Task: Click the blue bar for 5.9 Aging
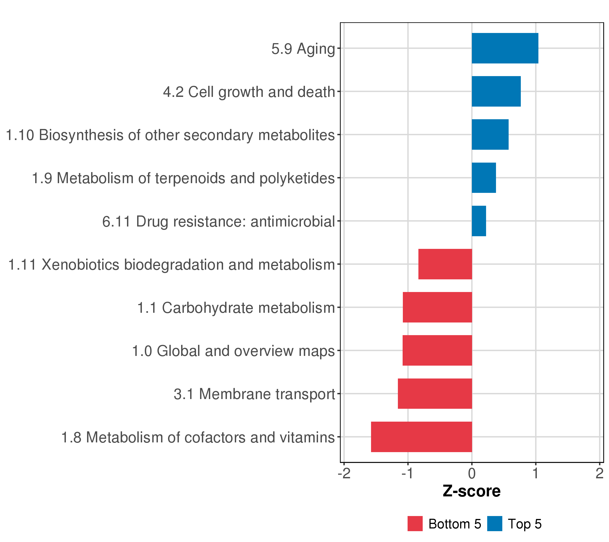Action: [x=505, y=48]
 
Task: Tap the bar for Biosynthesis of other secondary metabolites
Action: [x=490, y=135]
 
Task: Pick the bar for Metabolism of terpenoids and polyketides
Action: [x=484, y=178]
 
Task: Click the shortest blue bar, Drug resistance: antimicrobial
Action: [x=479, y=221]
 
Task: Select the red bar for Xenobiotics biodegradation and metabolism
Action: [x=445, y=264]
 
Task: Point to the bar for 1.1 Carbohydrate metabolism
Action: [x=437, y=307]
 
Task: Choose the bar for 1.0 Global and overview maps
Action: [x=437, y=350]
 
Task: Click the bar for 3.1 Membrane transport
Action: [x=435, y=394]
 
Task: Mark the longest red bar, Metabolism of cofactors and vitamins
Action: [x=422, y=437]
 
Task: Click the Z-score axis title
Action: [x=472, y=491]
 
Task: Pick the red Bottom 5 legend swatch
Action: [x=415, y=523]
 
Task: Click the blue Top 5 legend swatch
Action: [x=495, y=523]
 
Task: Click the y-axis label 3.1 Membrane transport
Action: [x=254, y=394]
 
